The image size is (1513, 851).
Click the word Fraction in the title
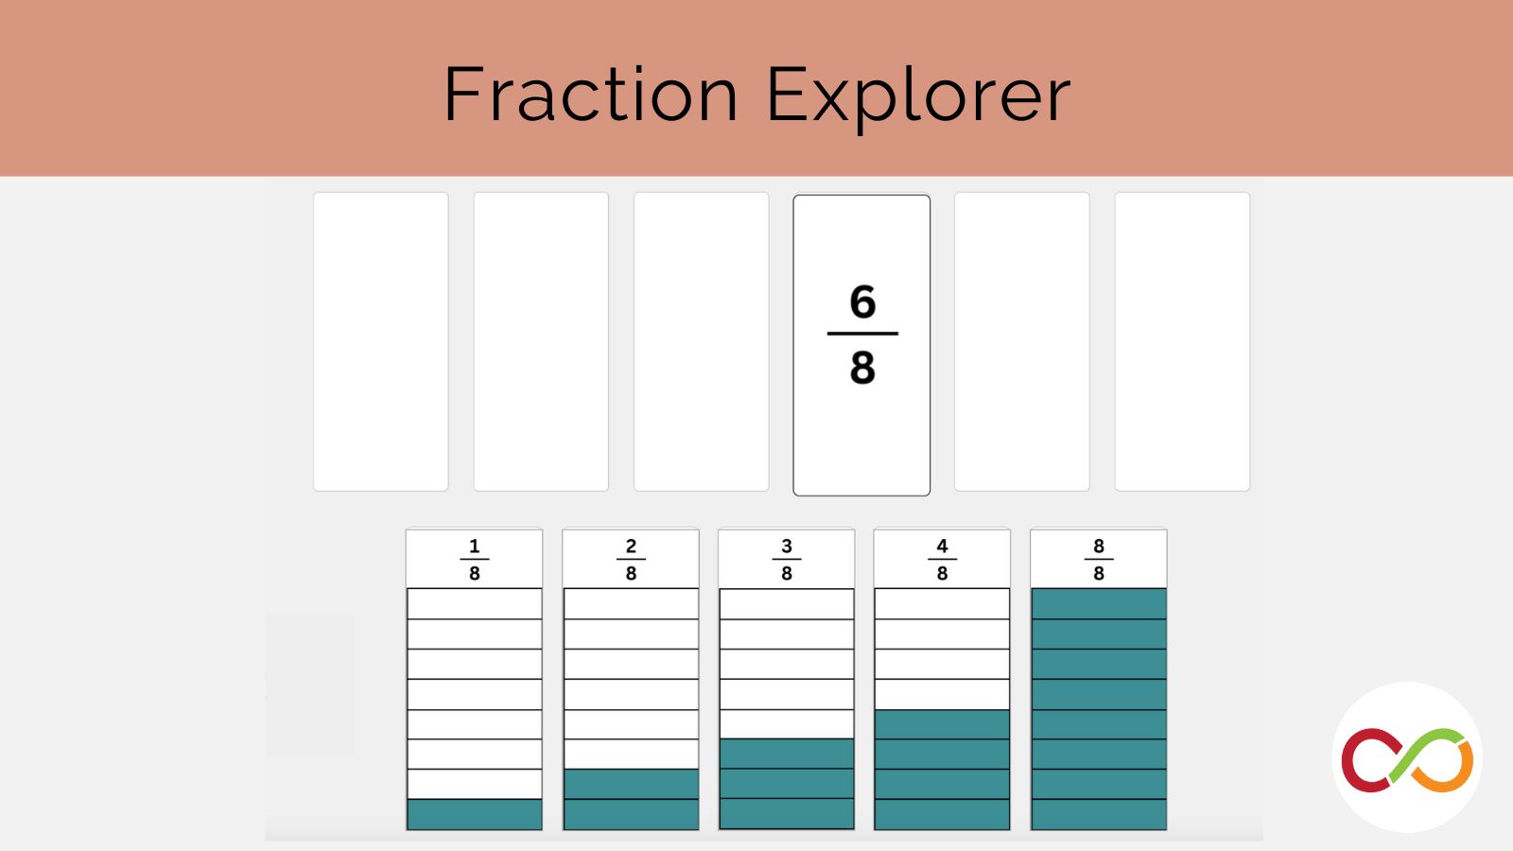[x=590, y=94]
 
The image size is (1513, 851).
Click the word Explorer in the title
[x=918, y=97]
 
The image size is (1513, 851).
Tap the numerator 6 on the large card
[x=862, y=302]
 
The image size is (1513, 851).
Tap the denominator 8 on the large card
[x=862, y=368]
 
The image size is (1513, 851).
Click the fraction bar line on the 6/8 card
[x=862, y=334]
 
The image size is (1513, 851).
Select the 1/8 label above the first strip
[x=474, y=559]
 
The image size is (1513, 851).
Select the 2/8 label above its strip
[x=631, y=559]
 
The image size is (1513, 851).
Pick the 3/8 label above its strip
[x=787, y=559]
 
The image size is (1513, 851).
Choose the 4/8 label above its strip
[x=942, y=559]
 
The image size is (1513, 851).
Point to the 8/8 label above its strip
[x=1099, y=559]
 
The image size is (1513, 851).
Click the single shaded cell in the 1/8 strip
[x=474, y=814]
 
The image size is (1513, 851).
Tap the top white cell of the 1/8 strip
[x=474, y=604]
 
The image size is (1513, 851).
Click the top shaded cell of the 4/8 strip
[x=942, y=724]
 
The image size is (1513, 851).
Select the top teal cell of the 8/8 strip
[x=1099, y=604]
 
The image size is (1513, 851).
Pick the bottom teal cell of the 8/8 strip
[x=1099, y=814]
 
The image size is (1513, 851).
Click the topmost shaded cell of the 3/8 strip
[x=787, y=754]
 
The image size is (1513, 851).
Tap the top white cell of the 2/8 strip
[x=631, y=604]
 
